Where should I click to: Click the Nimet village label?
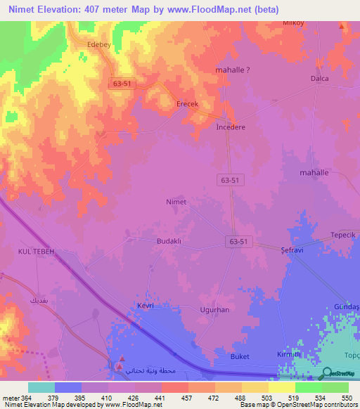tap(176, 202)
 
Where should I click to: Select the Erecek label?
tap(187, 104)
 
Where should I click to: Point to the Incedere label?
tap(231, 128)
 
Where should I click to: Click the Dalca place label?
tap(320, 79)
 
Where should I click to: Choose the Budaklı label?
tap(169, 240)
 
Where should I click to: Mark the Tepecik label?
tap(345, 235)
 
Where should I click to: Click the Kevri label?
tap(146, 306)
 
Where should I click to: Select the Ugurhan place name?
tap(214, 309)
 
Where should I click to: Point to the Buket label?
tap(240, 357)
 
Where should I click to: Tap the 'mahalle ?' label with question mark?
tap(233, 70)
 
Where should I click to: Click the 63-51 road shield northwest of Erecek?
tap(122, 83)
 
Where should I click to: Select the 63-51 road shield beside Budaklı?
tap(238, 241)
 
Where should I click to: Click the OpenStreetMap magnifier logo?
tap(325, 375)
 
